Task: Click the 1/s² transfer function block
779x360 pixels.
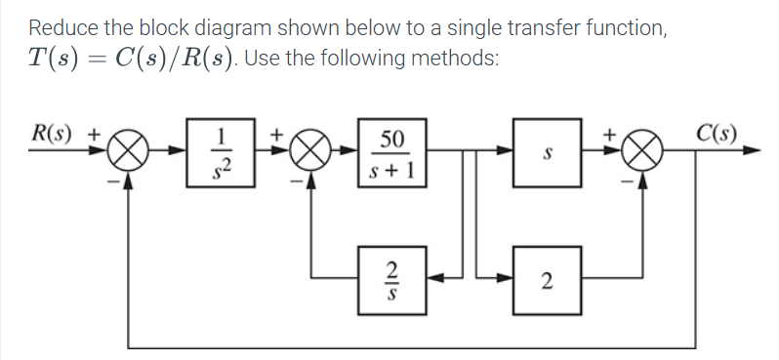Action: [224, 151]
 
